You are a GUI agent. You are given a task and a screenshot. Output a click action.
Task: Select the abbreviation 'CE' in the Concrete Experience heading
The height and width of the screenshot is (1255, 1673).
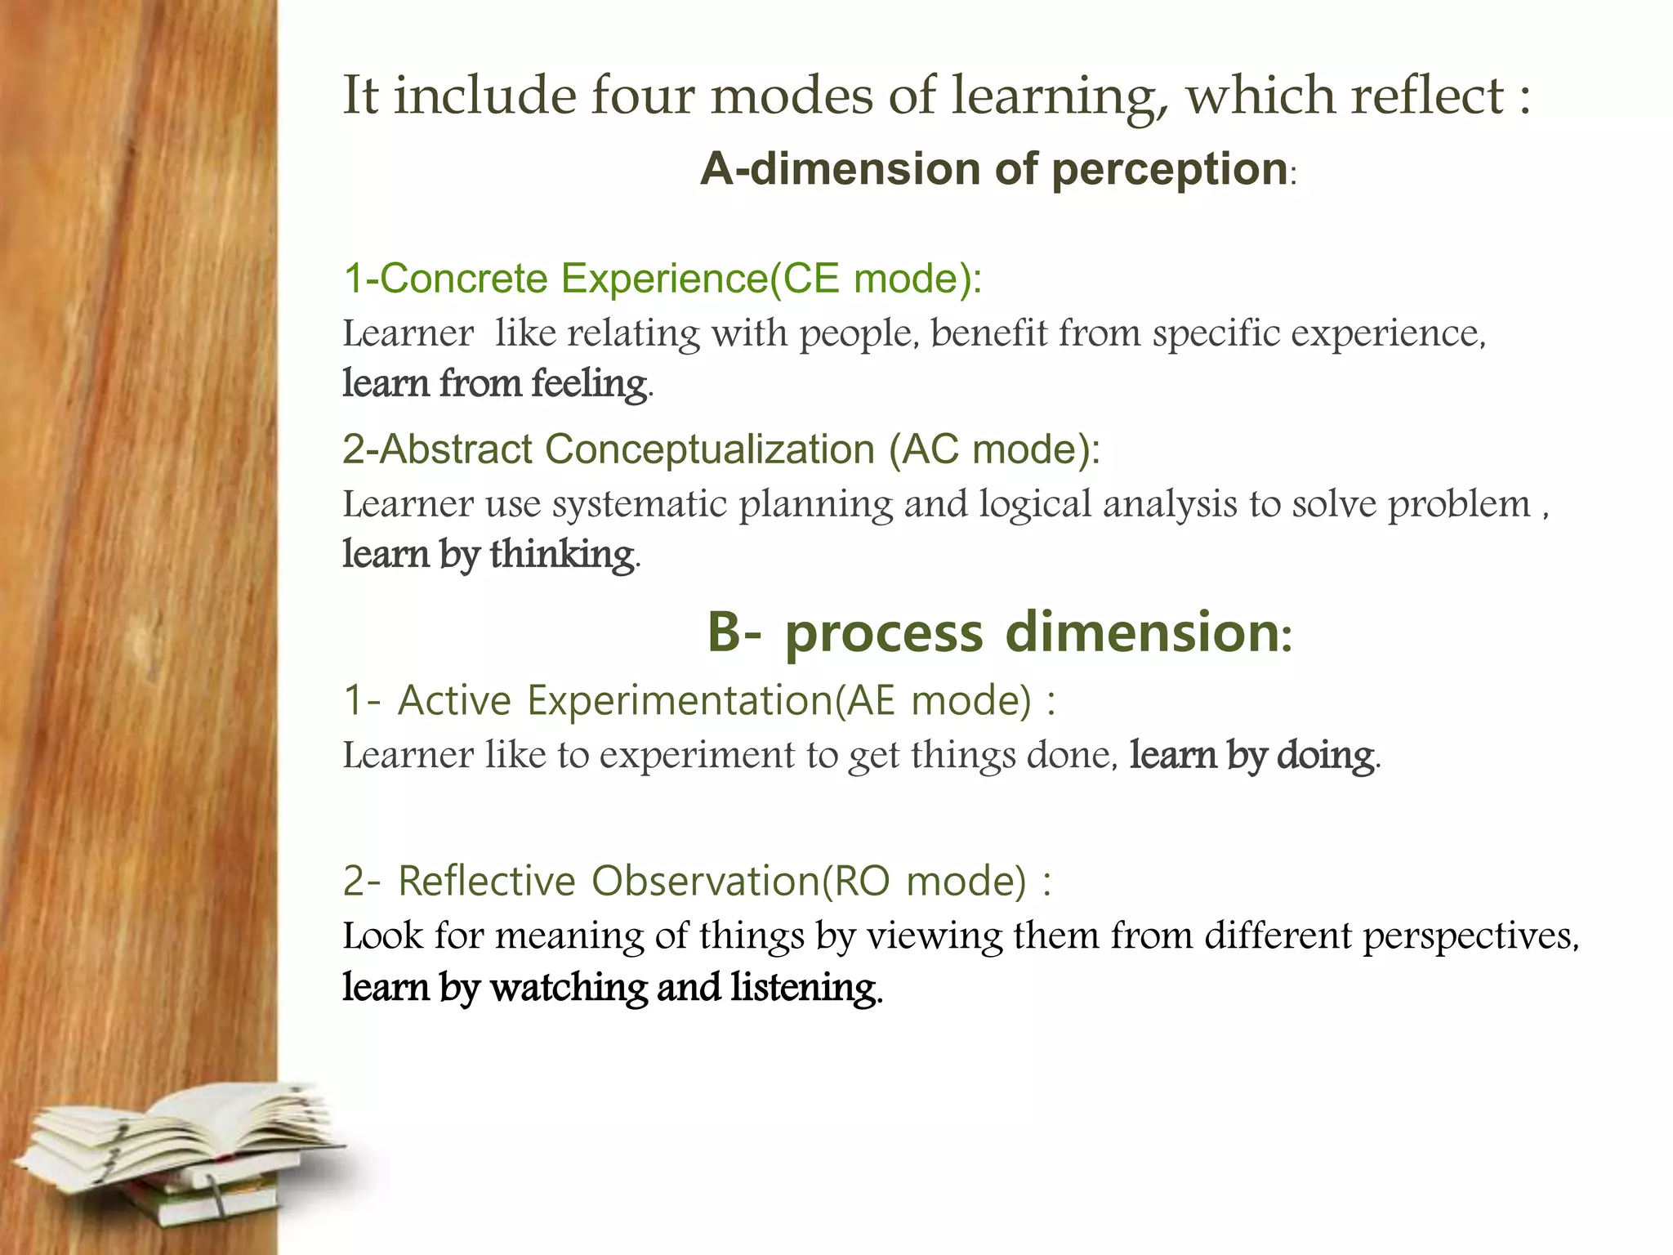point(810,278)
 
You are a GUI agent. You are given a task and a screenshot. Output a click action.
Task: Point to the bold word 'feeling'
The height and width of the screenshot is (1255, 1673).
point(589,382)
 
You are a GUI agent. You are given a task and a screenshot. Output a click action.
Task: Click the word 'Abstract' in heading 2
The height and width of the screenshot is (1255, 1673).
point(455,449)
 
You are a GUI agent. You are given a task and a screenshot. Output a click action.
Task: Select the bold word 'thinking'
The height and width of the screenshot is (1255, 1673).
point(562,554)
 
